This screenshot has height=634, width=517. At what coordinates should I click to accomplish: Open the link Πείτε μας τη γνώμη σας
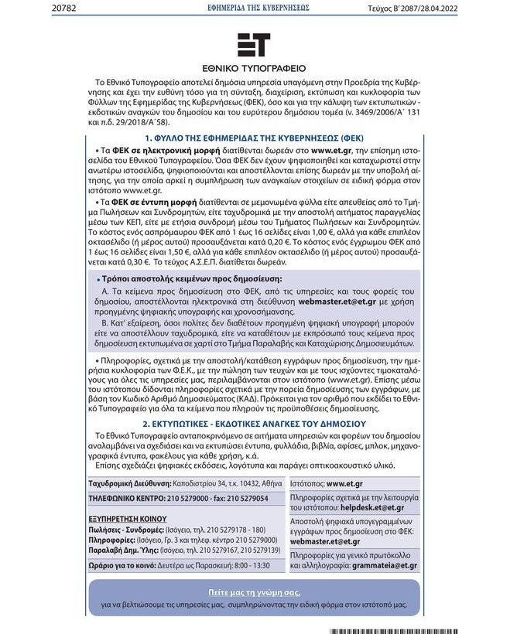pyautogui.click(x=254, y=591)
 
